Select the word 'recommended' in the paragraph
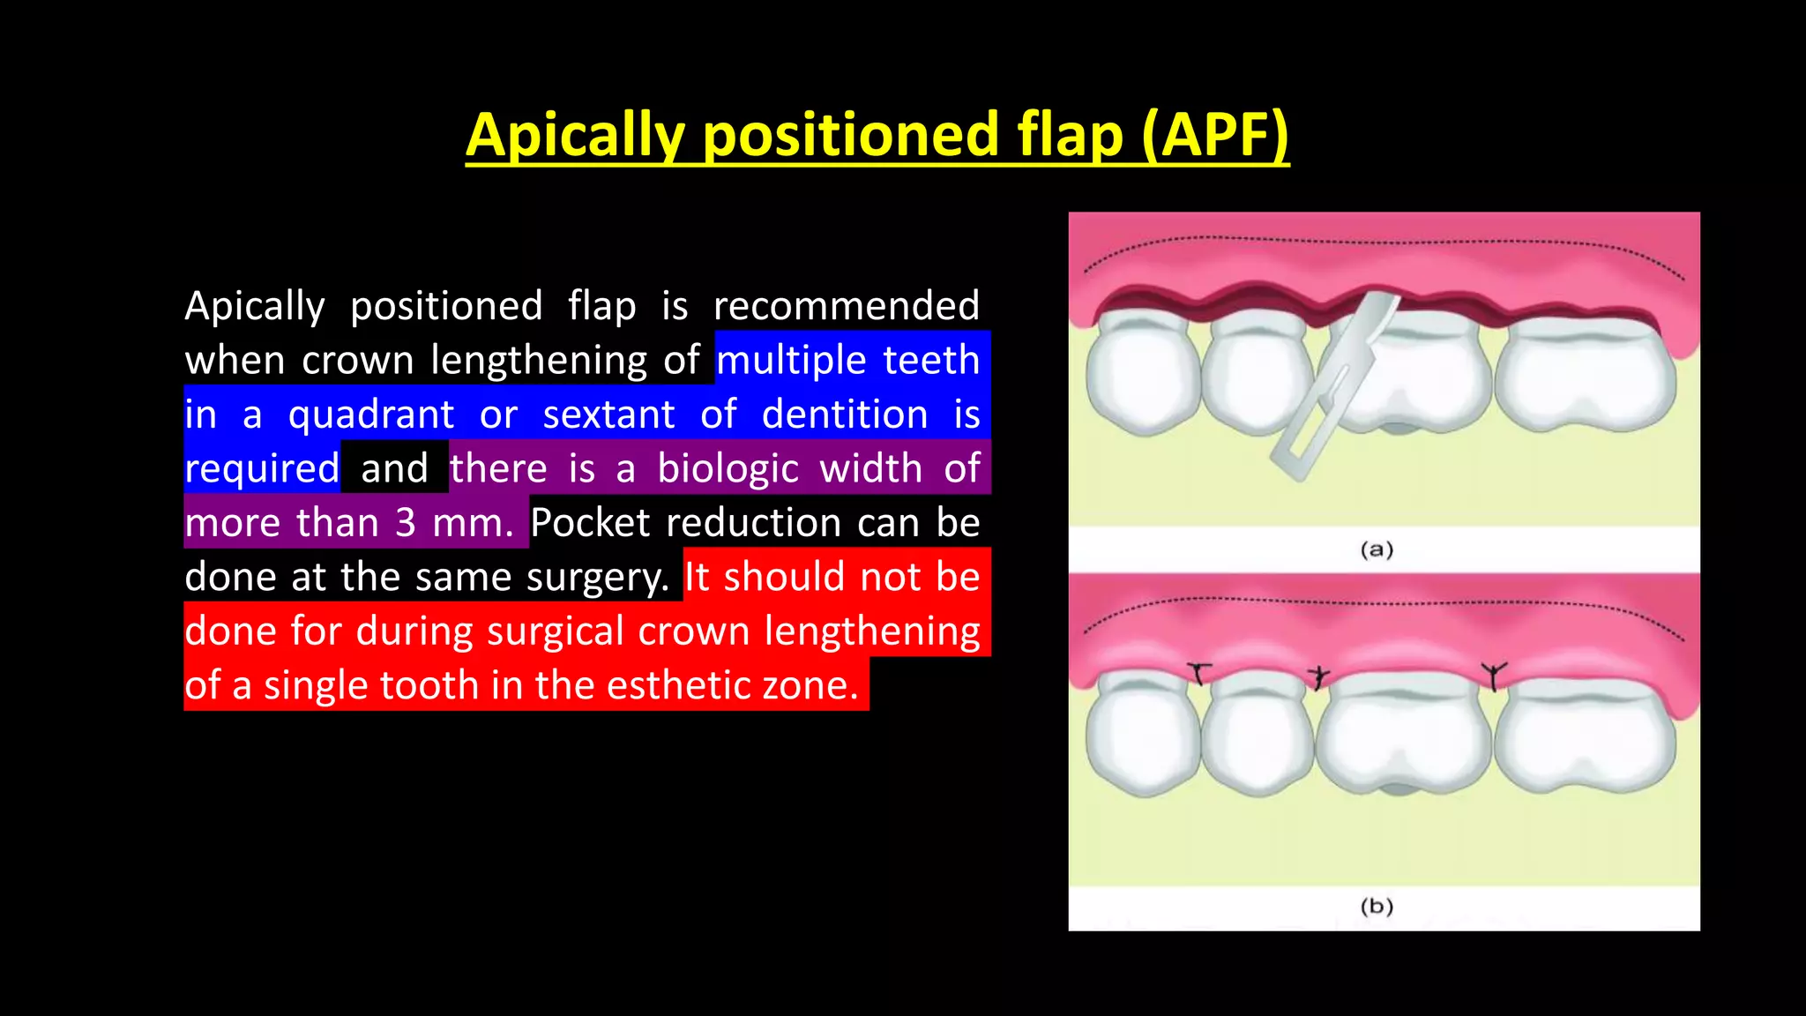[x=846, y=306]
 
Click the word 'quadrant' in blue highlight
[x=371, y=415]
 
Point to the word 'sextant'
[x=608, y=415]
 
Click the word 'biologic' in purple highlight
[x=728, y=468]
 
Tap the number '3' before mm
[x=405, y=523]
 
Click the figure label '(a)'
[x=1377, y=549]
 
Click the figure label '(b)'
[x=1377, y=906]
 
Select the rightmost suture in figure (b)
[x=1493, y=676]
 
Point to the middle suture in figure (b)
[x=1318, y=676]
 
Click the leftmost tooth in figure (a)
[x=1142, y=375]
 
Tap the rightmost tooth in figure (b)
[x=1587, y=736]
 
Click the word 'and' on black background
[x=394, y=468]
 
